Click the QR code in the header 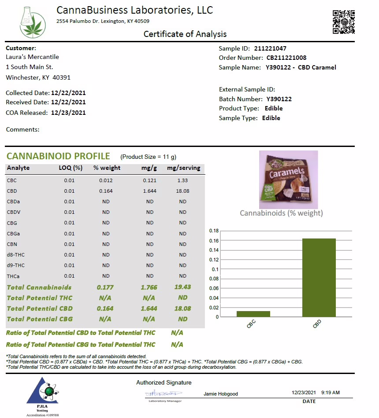(344, 22)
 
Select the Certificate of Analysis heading (185, 34)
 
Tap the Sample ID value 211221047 (270, 48)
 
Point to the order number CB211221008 (286, 58)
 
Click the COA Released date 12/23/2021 (68, 113)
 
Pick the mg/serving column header (183, 168)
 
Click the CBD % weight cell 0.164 (106, 191)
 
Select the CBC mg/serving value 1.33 (183, 180)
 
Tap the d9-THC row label (16, 265)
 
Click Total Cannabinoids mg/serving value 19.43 (183, 287)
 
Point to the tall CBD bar (319, 277)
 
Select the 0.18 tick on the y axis (214, 231)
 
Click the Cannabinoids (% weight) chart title (281, 213)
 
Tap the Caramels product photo (288, 180)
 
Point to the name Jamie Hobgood (220, 394)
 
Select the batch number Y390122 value (279, 99)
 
